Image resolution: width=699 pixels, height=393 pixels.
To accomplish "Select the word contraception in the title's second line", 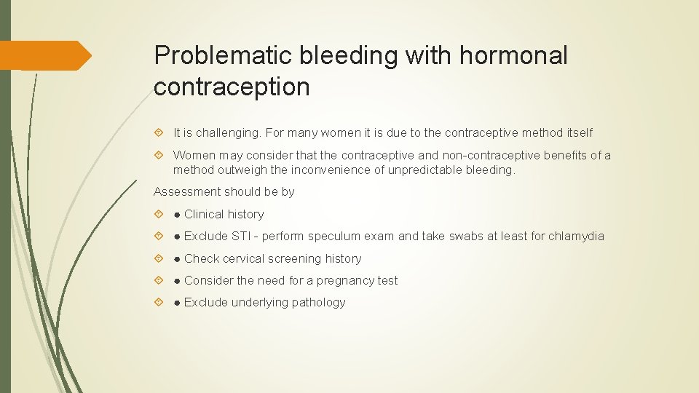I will tap(232, 87).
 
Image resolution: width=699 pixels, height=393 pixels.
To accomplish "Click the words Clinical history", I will tap(224, 214).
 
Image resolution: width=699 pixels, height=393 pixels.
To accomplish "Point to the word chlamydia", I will tap(576, 236).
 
